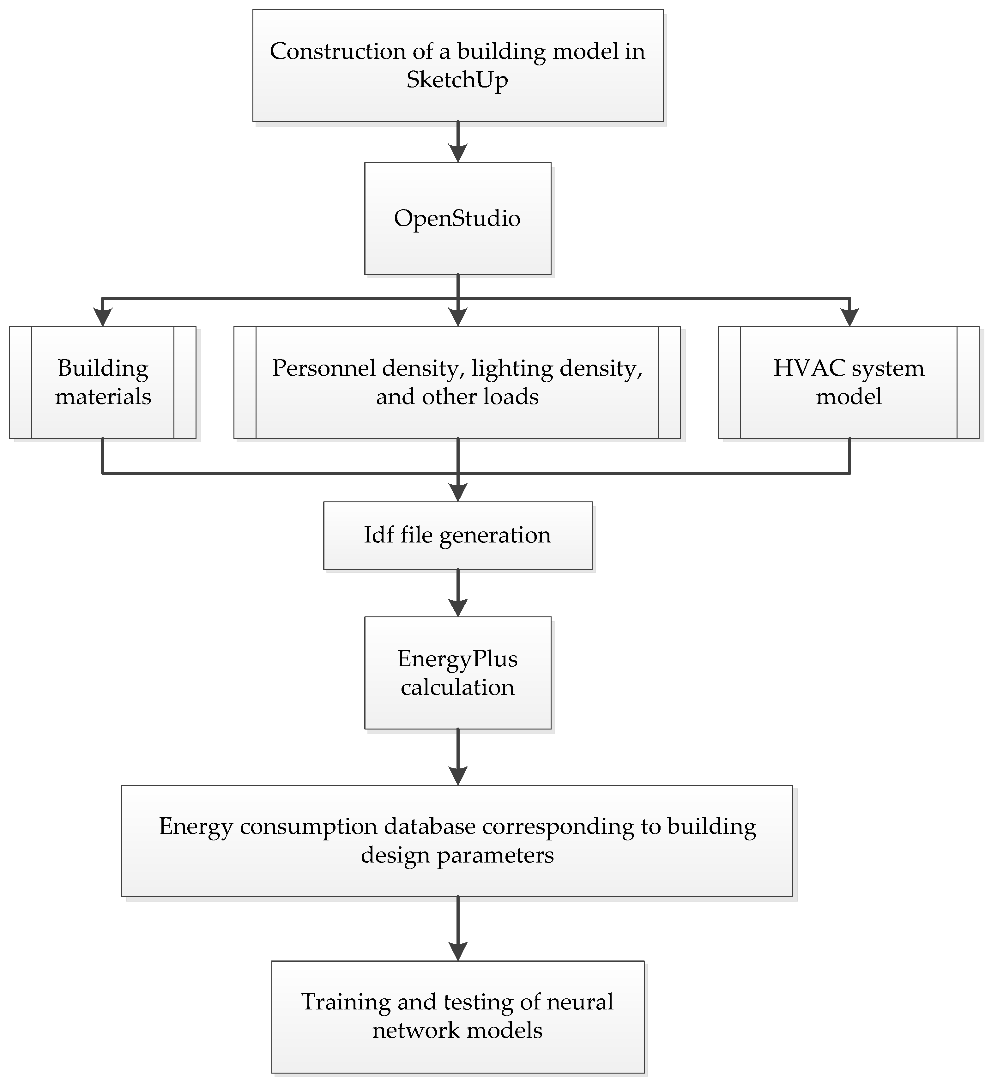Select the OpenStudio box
pos(458,218)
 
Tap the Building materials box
pos(103,382)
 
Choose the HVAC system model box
pos(849,382)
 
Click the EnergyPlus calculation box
pos(458,673)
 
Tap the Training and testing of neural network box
pos(458,1016)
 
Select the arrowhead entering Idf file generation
pos(458,492)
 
